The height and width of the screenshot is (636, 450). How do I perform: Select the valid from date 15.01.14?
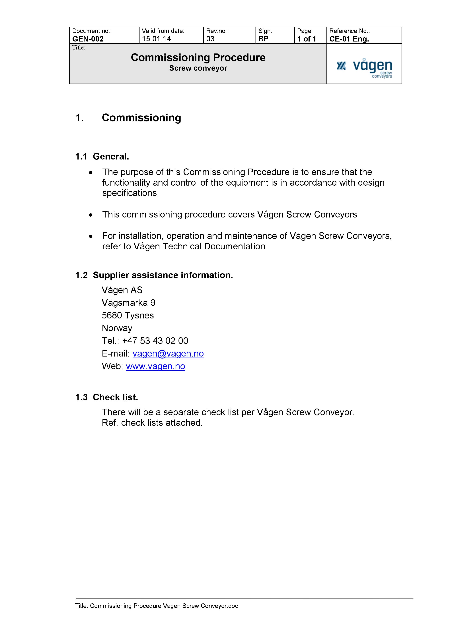(x=156, y=39)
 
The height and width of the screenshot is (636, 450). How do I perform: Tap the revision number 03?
(x=210, y=39)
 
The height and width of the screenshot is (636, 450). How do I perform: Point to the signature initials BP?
(x=263, y=39)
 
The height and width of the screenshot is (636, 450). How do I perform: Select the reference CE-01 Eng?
(x=349, y=39)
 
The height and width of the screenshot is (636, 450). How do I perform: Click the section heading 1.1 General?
(x=102, y=156)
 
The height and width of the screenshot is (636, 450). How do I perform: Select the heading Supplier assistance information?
(x=163, y=275)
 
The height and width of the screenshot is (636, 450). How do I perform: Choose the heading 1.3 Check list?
(x=107, y=397)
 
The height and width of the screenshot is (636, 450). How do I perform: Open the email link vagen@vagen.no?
(x=168, y=354)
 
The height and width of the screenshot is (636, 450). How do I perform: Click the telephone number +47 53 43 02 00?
(x=155, y=341)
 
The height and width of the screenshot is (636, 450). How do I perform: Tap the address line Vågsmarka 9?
(x=128, y=303)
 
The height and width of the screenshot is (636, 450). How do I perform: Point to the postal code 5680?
(x=112, y=316)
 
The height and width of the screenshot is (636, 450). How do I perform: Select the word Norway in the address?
(x=117, y=328)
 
